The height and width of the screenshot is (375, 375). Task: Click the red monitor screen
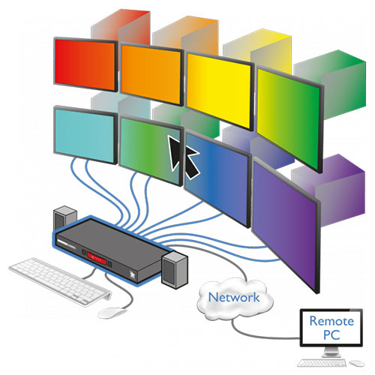[x=85, y=64]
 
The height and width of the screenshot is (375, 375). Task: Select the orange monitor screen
[x=151, y=74]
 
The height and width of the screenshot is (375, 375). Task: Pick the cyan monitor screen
[x=85, y=135]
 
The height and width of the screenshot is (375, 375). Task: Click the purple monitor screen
[x=285, y=224]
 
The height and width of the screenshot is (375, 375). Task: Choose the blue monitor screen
[x=217, y=178]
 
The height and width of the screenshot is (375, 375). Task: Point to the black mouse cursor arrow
[x=183, y=156]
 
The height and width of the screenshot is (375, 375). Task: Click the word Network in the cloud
[x=234, y=298]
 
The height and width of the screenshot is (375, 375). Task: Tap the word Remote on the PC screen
[x=331, y=321]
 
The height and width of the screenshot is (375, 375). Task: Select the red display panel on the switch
[x=97, y=259]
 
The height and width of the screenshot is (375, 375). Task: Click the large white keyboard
[x=60, y=282]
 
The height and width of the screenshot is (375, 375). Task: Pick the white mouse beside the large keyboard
[x=112, y=313]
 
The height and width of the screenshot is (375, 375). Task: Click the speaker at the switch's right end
[x=175, y=270]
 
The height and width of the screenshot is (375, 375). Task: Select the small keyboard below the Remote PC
[x=322, y=363]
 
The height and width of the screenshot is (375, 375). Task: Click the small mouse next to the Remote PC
[x=357, y=363]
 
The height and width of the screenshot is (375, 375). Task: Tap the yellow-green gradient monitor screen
[x=289, y=118]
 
